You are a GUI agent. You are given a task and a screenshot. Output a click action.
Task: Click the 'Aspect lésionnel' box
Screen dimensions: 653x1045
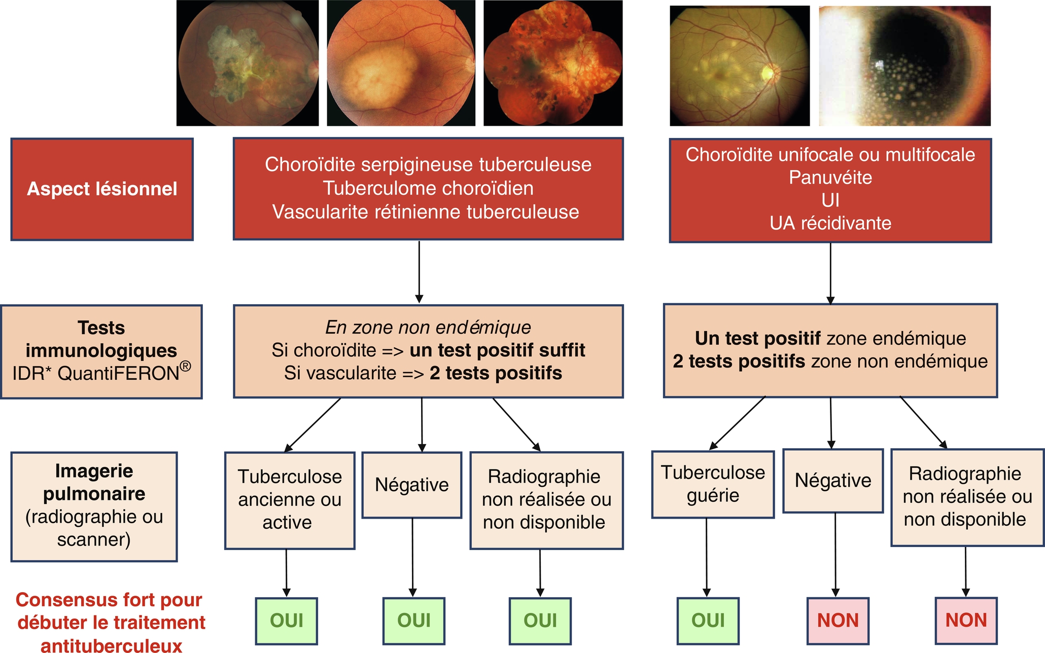click(x=101, y=189)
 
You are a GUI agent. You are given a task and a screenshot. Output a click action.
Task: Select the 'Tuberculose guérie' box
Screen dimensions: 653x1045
click(x=712, y=484)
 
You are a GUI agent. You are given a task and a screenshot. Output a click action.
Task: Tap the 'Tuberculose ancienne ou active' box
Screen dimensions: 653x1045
click(x=290, y=500)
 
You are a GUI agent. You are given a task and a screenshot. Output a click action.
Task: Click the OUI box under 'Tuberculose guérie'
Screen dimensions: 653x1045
click(x=708, y=621)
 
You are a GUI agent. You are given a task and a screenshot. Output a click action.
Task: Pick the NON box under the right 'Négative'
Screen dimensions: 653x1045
click(x=838, y=621)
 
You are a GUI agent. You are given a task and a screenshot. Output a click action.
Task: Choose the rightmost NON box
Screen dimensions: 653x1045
click(x=966, y=621)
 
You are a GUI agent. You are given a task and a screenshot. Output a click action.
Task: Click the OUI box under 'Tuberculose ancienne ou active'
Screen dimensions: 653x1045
click(x=287, y=621)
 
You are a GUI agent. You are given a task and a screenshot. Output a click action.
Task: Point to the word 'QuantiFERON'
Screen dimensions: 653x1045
click(x=119, y=374)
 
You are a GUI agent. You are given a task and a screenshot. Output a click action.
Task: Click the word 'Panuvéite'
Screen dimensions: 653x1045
click(x=830, y=177)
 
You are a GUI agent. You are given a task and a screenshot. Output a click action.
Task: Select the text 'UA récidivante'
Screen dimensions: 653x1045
click(x=830, y=223)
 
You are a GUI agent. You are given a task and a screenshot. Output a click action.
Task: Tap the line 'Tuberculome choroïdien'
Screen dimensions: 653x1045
click(x=428, y=188)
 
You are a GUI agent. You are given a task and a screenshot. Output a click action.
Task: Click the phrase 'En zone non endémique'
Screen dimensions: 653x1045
click(x=428, y=328)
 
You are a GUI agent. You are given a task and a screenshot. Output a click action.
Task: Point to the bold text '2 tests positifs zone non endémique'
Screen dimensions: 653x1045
click(x=830, y=361)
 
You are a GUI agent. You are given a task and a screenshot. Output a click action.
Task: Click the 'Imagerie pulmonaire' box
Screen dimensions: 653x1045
click(x=94, y=506)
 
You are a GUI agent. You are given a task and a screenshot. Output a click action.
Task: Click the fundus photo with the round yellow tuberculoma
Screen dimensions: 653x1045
click(x=401, y=63)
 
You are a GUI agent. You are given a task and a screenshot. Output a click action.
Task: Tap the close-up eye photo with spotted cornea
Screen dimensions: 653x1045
click(x=904, y=66)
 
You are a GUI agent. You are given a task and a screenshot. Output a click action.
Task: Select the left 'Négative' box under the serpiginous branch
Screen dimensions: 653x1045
click(x=411, y=485)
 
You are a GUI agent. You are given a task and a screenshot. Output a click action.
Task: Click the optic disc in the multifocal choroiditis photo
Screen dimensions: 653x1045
click(x=767, y=74)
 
